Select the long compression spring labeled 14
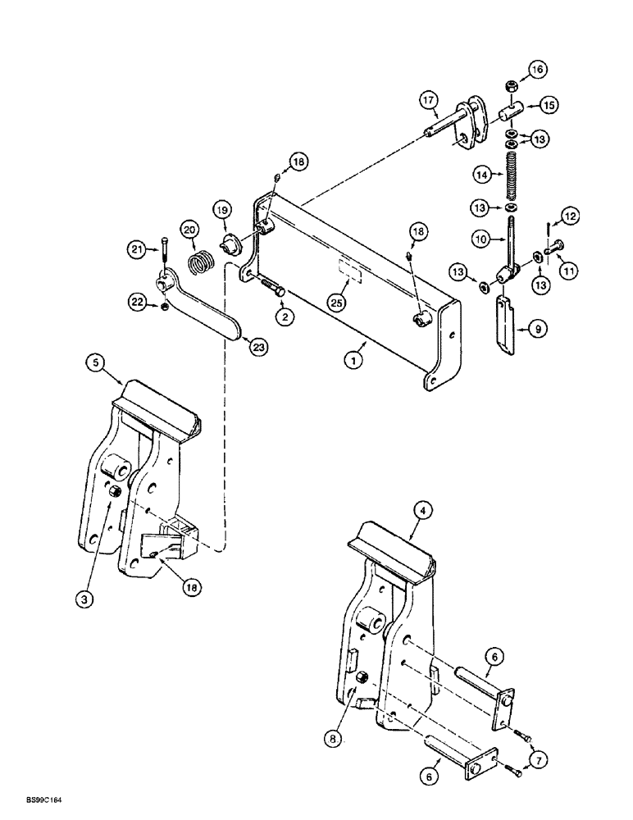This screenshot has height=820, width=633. point(512,175)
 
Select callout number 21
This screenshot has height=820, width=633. point(138,247)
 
